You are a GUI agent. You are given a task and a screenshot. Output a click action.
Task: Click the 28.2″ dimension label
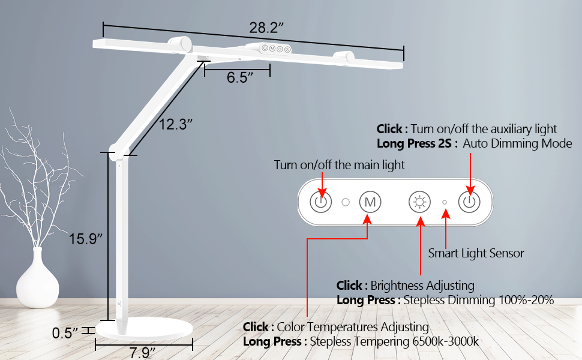(266, 28)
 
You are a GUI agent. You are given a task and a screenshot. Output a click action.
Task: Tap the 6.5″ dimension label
(240, 77)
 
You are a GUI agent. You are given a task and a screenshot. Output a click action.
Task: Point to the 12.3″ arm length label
(176, 124)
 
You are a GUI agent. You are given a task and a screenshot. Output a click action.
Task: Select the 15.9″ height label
(85, 239)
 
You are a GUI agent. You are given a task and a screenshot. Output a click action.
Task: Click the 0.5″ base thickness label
(65, 333)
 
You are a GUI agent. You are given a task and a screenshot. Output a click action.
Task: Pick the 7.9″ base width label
(142, 353)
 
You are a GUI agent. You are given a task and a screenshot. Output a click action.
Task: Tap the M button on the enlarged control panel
(370, 202)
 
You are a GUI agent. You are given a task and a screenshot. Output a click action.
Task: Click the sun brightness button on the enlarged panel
(420, 202)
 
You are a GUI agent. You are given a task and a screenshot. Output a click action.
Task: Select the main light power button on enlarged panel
(320, 202)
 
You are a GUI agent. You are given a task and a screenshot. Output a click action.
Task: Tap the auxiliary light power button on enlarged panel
(470, 202)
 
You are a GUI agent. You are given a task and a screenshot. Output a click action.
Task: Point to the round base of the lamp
(144, 328)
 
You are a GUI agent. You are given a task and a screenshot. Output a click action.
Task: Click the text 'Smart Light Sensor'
(476, 253)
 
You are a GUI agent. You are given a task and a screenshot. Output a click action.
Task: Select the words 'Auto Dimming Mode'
(517, 143)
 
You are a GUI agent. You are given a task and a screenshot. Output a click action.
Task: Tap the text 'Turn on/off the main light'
(339, 165)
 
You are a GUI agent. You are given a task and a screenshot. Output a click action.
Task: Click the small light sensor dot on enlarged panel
(445, 202)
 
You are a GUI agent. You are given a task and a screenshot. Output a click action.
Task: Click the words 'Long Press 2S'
(414, 143)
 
